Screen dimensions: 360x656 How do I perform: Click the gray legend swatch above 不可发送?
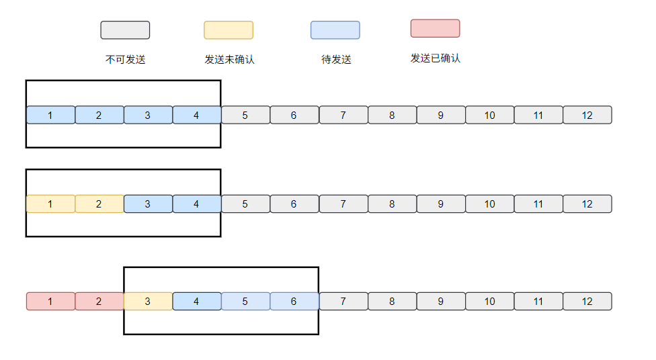point(125,30)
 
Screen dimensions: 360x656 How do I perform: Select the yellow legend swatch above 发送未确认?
point(229,30)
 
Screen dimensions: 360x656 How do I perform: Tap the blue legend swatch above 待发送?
point(335,30)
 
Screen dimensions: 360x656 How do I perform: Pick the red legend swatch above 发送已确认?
point(435,28)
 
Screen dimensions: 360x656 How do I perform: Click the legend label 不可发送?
point(125,60)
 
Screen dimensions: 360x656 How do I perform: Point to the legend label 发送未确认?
point(229,60)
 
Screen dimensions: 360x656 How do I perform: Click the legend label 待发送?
point(336,60)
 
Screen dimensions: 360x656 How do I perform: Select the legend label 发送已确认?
point(436,58)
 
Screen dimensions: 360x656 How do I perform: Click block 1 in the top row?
point(50,115)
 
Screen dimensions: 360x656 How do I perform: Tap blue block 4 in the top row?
point(196,115)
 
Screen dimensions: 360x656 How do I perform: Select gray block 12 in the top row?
point(587,115)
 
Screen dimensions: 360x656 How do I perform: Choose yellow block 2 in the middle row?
point(99,204)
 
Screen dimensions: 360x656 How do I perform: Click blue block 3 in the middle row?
point(148,204)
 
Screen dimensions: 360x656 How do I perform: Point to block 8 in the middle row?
point(392,204)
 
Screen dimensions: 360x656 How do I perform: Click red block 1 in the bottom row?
point(50,302)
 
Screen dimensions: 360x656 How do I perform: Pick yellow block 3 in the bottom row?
point(148,302)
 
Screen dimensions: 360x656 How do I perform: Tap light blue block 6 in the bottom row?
point(294,302)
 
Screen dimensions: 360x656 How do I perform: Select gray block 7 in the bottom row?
point(343,302)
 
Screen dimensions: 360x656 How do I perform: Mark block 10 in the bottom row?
point(489,302)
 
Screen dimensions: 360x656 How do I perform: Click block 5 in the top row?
point(245,115)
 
